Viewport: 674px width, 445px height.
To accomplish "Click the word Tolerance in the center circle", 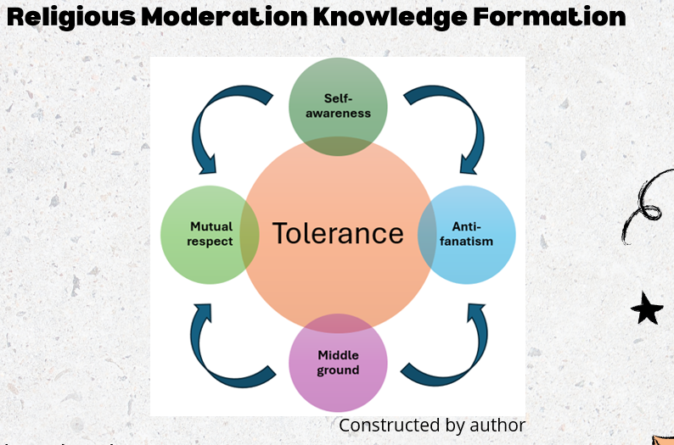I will (x=338, y=233).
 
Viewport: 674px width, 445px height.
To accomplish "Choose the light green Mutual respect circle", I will (x=209, y=234).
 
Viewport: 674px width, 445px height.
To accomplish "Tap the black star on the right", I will (x=647, y=309).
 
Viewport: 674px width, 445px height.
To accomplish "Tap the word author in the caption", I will (x=500, y=426).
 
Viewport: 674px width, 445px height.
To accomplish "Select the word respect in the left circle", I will (x=211, y=242).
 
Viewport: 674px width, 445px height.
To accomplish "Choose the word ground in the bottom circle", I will (x=338, y=371).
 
